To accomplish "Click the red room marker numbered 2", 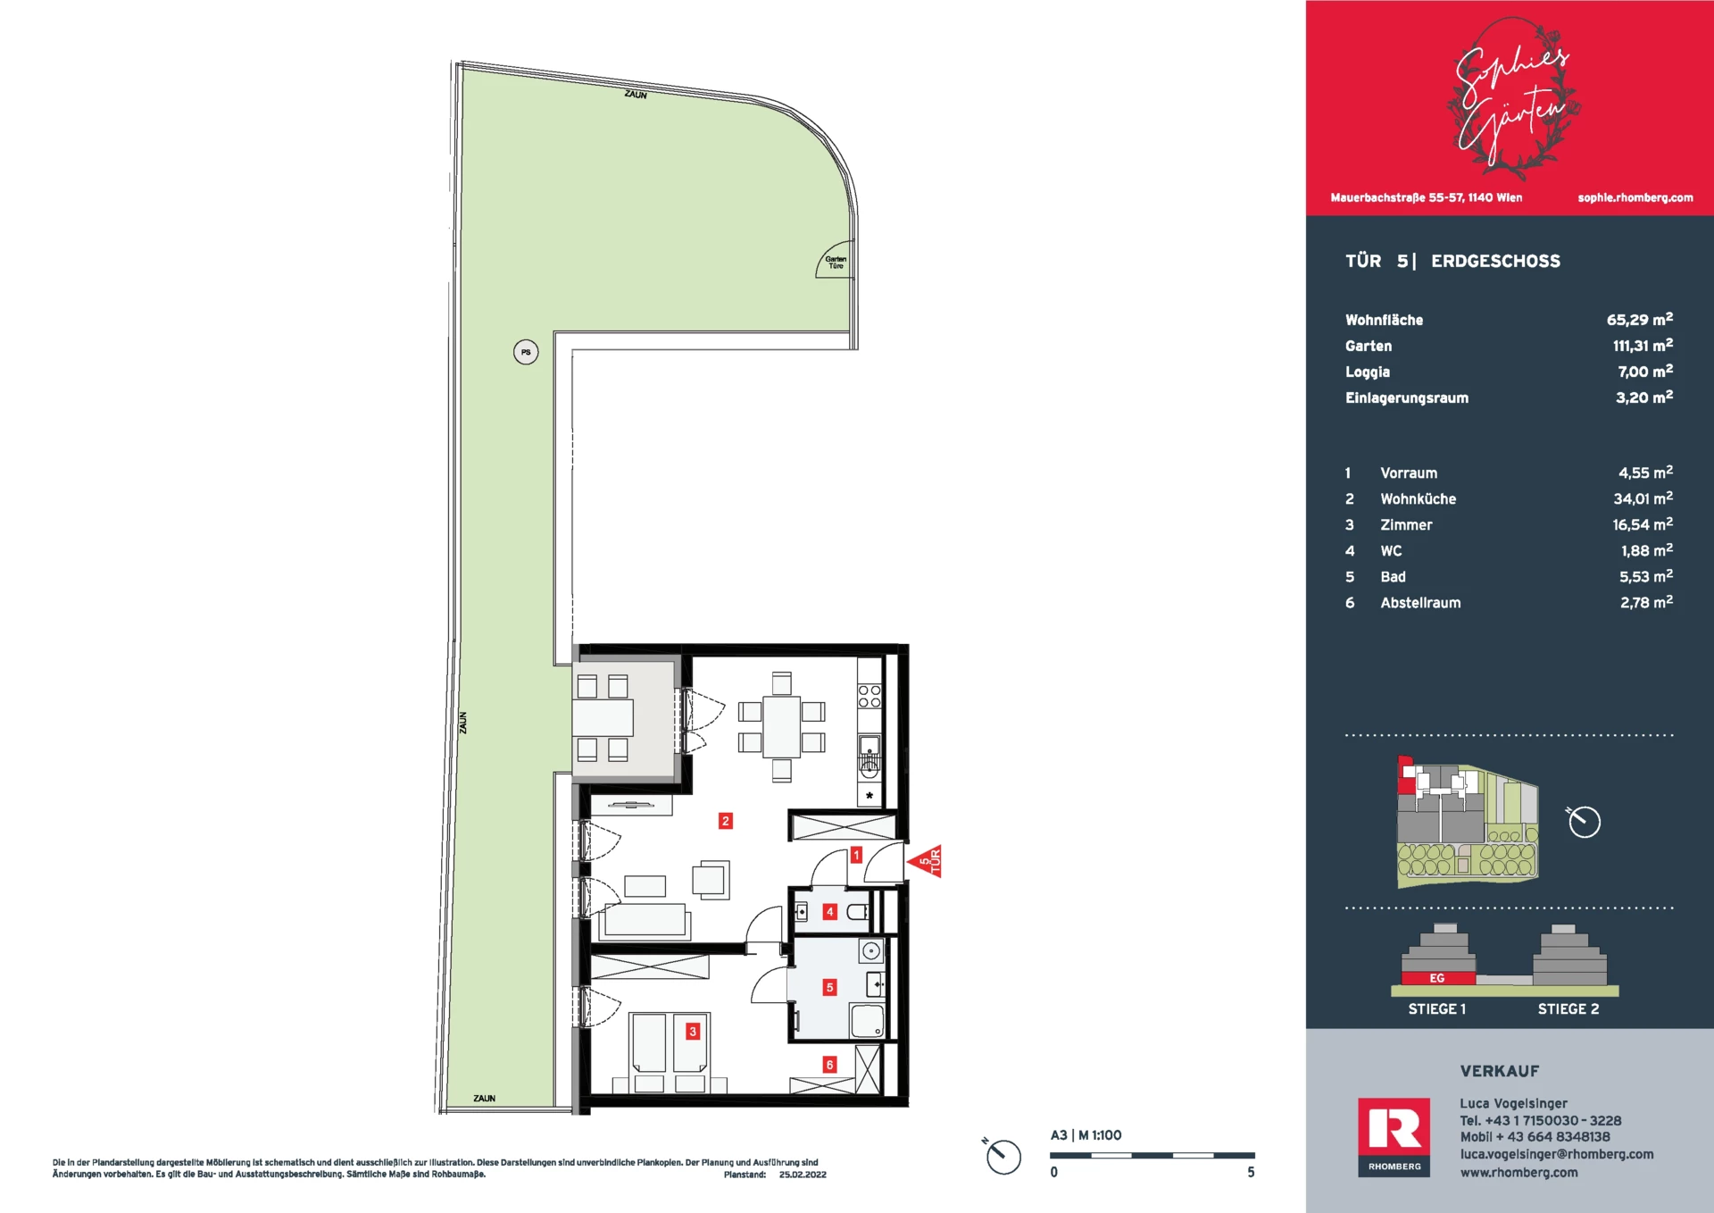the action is point(726,821).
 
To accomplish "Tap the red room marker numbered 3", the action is point(693,1032).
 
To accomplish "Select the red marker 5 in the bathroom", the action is point(830,988).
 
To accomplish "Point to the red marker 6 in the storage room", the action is point(830,1065).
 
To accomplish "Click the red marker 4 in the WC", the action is point(830,912).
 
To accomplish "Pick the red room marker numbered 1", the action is point(856,855).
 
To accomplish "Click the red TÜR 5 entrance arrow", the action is point(926,862).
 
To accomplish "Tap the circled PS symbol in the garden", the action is point(526,352).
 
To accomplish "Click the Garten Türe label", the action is point(836,263).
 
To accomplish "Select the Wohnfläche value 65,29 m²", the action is point(1640,319).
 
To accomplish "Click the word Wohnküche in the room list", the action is point(1419,499).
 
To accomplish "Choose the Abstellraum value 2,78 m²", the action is point(1646,602).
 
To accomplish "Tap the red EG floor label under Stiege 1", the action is point(1437,978).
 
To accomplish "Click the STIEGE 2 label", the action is point(1568,1009).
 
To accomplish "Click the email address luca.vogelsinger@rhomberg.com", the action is point(1557,1154).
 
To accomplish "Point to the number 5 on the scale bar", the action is point(1251,1172).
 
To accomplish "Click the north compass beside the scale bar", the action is point(1003,1156).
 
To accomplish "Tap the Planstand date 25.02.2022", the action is point(803,1175).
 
